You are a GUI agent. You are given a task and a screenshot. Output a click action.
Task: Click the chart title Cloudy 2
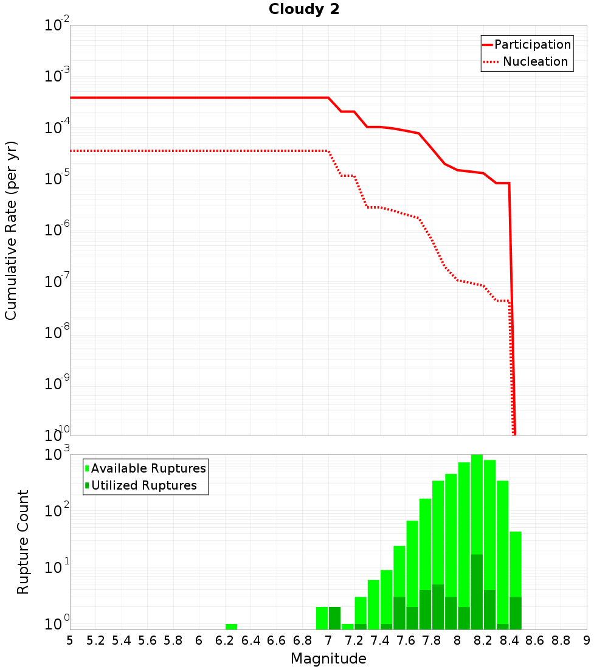coord(304,10)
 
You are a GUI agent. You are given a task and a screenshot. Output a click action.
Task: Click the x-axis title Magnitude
coord(328,659)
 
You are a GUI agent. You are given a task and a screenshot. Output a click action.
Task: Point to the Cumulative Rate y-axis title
coord(11,231)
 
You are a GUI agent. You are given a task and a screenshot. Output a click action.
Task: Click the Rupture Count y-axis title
coord(22,542)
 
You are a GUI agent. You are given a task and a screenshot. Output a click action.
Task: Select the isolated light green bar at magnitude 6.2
coord(231,626)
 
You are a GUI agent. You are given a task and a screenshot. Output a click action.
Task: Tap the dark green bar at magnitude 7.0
coord(335,618)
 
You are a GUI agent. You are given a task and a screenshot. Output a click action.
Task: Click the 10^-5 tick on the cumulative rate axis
coord(57,179)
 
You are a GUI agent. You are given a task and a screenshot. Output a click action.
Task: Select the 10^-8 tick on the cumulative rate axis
coord(57,333)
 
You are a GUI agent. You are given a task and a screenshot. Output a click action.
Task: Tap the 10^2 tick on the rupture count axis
coord(57,511)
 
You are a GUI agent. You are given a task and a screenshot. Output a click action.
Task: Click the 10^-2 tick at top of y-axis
coord(57,26)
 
